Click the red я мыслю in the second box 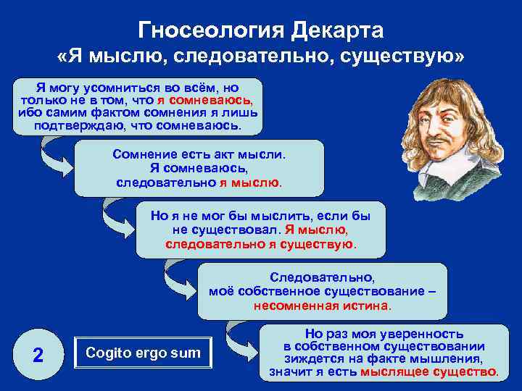(249, 182)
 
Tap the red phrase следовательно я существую (260, 243)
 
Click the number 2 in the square (38, 355)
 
